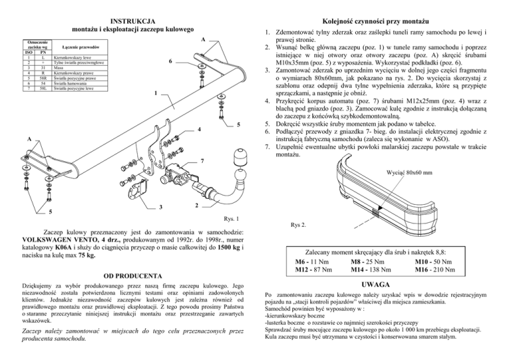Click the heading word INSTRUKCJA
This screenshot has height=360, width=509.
pyautogui.click(x=132, y=21)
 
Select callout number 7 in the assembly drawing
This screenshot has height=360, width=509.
pyautogui.click(x=202, y=161)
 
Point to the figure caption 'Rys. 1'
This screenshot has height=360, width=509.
pyautogui.click(x=231, y=218)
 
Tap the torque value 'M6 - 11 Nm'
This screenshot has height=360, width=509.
pyautogui.click(x=312, y=263)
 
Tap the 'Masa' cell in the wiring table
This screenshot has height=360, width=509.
pyautogui.click(x=58, y=67)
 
